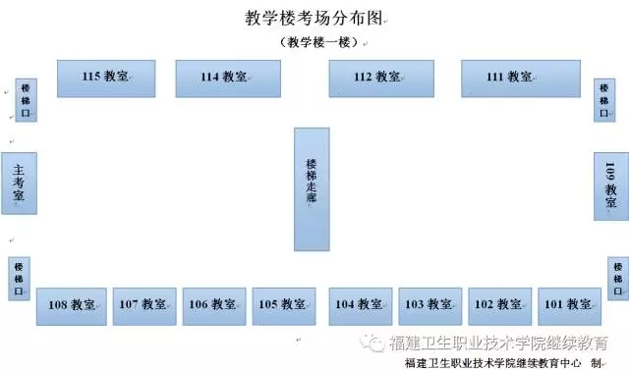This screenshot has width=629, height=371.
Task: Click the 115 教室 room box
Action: coord(106,79)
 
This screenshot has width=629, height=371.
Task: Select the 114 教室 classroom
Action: coord(228,79)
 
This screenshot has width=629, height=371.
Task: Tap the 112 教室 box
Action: coord(381,79)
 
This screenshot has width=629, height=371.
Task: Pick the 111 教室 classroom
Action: coord(521,79)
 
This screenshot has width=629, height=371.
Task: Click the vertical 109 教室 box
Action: coord(611,186)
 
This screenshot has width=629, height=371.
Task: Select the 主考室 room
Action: coord(20,184)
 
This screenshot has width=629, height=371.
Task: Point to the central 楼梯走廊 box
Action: coord(313,189)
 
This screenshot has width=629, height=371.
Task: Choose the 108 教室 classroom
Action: coord(72,306)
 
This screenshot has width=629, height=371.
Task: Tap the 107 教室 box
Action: coord(144,306)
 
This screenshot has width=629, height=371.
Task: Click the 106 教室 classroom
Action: coord(214,306)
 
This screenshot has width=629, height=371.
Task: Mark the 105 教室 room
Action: coord(284,306)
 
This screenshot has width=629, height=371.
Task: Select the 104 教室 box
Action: coord(361,306)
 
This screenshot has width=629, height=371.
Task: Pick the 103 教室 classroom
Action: coord(430,306)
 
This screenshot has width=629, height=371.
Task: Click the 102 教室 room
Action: coord(500,306)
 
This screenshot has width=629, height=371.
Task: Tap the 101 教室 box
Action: coord(570,306)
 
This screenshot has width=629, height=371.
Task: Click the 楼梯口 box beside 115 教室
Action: coord(27,100)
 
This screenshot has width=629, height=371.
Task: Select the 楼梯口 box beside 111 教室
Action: coord(604,100)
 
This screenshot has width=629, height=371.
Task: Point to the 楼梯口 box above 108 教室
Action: coord(19,279)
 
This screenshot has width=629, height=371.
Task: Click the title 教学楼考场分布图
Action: coord(314,19)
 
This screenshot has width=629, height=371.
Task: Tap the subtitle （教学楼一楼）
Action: coord(319,42)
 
